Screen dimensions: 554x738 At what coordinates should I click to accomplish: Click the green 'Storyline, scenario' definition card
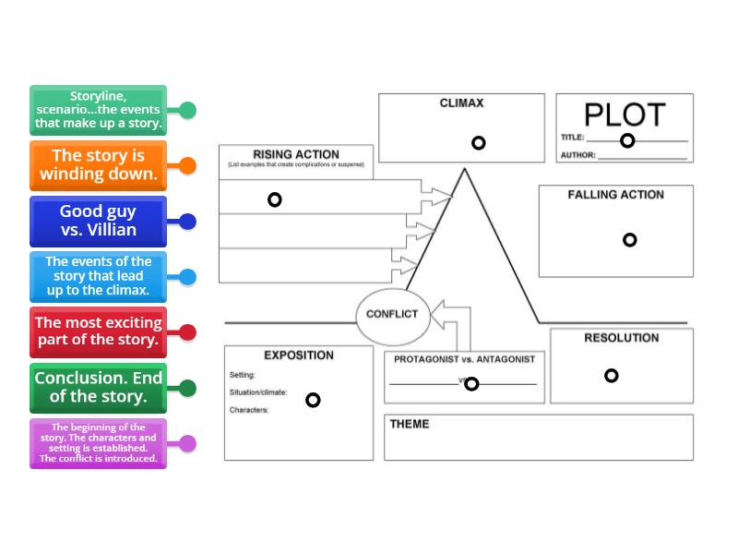[x=98, y=110]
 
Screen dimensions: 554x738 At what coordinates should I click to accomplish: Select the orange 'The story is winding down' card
[x=98, y=165]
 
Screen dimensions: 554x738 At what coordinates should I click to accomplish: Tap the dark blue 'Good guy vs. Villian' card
[x=98, y=222]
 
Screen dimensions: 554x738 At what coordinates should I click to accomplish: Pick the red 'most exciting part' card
[x=98, y=332]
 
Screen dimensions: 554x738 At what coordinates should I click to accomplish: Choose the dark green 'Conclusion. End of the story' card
[x=98, y=388]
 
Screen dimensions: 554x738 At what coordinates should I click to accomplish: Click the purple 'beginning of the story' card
[x=98, y=443]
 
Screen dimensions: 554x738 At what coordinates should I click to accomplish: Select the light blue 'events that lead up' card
[x=98, y=277]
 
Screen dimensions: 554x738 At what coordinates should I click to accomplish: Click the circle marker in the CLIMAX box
[x=478, y=143]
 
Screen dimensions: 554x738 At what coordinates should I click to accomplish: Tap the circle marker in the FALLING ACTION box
[x=629, y=240]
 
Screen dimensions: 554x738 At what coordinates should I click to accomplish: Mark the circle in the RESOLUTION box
[x=611, y=376]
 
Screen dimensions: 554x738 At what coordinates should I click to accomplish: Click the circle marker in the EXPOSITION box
[x=313, y=400]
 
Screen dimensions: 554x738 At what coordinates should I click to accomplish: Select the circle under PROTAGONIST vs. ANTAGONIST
[x=471, y=384]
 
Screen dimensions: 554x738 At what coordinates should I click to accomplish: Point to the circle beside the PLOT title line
[x=627, y=140]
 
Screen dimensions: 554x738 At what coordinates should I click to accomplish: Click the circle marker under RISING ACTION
[x=274, y=199]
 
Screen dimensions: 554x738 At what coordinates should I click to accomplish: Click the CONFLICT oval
[x=392, y=314]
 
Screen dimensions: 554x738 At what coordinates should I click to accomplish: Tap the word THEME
[x=410, y=425]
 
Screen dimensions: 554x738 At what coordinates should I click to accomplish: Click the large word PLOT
[x=625, y=114]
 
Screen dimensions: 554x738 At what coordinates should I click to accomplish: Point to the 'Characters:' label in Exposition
[x=249, y=410]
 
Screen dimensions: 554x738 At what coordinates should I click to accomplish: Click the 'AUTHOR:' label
[x=578, y=155]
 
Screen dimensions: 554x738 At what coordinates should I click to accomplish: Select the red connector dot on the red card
[x=187, y=332]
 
